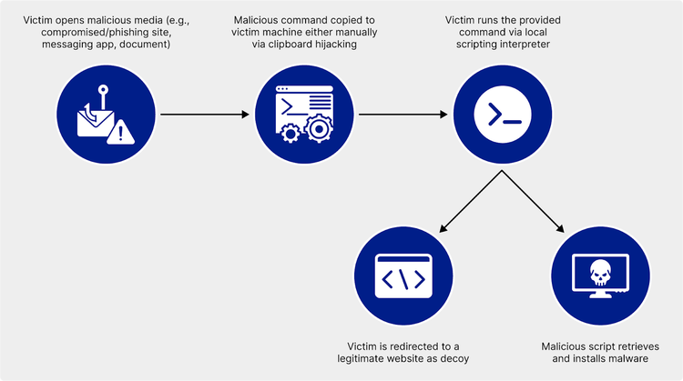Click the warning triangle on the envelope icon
click(120, 134)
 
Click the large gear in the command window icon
click(319, 130)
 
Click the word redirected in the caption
click(415, 346)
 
